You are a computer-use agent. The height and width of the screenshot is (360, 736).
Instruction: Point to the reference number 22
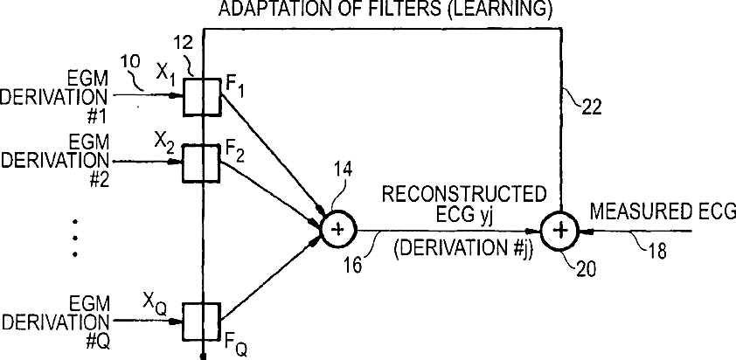click(592, 107)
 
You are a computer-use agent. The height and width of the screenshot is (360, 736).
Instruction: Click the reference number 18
click(656, 251)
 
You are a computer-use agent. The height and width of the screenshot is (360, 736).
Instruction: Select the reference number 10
click(130, 62)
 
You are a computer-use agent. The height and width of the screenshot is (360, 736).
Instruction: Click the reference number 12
click(184, 43)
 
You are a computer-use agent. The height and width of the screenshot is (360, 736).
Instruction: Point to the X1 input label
click(165, 75)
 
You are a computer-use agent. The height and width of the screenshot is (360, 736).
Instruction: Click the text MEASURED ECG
click(663, 212)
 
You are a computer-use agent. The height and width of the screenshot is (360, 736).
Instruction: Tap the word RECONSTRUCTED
click(464, 194)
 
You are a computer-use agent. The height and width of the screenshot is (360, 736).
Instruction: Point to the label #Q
click(98, 342)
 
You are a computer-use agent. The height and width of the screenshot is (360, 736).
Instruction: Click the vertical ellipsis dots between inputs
click(75, 238)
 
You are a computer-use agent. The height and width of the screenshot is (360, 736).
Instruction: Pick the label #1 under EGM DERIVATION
click(99, 115)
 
